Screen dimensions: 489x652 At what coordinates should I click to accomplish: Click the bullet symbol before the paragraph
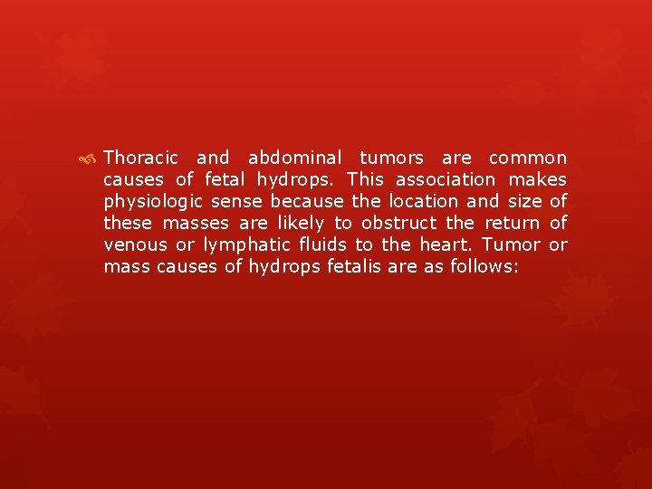pyautogui.click(x=88, y=158)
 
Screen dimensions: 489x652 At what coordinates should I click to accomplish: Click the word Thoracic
pyautogui.click(x=141, y=158)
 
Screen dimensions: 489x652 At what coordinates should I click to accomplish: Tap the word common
pyautogui.click(x=528, y=158)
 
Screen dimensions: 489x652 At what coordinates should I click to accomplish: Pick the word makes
pyautogui.click(x=538, y=179)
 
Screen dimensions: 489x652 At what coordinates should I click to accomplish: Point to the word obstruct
pyautogui.click(x=398, y=223)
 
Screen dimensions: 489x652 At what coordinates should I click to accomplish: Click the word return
pyautogui.click(x=513, y=223)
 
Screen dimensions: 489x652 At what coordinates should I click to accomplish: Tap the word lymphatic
pyautogui.click(x=246, y=245)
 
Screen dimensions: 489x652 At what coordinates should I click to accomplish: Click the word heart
pyautogui.click(x=447, y=244)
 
